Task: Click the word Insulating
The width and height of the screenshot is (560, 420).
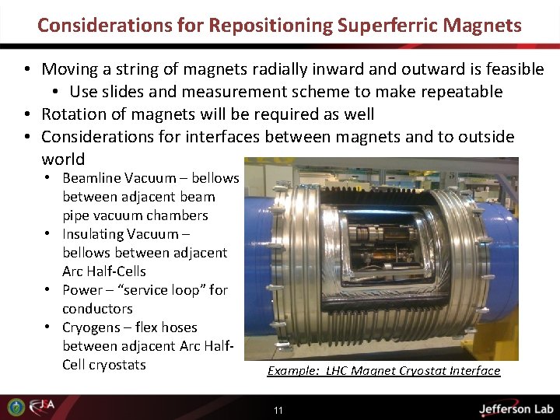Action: [x=93, y=234]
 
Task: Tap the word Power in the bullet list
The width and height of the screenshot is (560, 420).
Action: [x=82, y=290]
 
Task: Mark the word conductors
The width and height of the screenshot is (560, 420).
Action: [x=97, y=309]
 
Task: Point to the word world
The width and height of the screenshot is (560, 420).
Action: [x=63, y=159]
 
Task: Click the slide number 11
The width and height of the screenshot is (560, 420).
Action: [x=278, y=410]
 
